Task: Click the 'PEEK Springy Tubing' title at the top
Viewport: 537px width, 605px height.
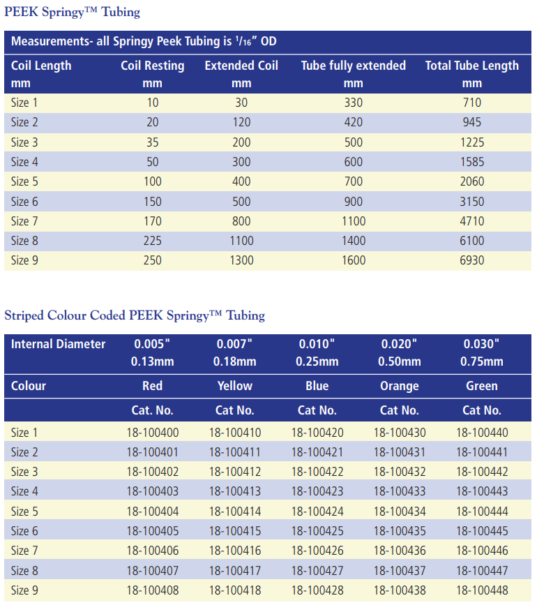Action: pos(73,12)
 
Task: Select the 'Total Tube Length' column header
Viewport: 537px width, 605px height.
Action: pos(472,66)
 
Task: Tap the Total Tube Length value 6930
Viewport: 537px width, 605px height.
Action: pos(472,260)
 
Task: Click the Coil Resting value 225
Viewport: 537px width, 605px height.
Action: pos(152,241)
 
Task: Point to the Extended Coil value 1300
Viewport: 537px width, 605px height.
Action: pos(241,260)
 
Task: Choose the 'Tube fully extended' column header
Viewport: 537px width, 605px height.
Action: pos(353,66)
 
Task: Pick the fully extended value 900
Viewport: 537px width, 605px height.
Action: pos(353,202)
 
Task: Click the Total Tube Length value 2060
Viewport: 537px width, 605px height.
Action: pos(472,181)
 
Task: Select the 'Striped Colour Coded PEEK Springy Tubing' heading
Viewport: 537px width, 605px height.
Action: pos(135,315)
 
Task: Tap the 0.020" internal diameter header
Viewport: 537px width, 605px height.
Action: pos(400,344)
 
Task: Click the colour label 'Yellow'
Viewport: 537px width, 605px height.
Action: pos(235,386)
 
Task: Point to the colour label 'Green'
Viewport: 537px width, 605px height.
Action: pos(482,386)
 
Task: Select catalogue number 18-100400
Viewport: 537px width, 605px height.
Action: pos(153,433)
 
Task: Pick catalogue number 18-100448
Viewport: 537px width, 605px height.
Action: pos(482,590)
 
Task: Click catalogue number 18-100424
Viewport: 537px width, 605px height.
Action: pos(317,511)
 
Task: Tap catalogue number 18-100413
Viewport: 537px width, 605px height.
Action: pos(235,491)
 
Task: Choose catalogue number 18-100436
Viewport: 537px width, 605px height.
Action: pos(400,551)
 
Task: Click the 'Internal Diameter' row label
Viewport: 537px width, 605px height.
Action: pos(59,344)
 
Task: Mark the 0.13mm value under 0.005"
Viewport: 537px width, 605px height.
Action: pos(153,361)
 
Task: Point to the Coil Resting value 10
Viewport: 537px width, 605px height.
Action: pos(152,103)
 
